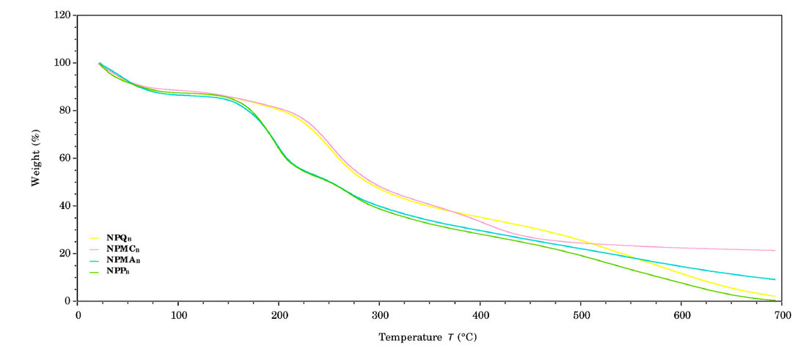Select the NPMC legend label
click(122, 249)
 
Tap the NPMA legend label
click(122, 260)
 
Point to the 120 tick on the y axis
click(62, 15)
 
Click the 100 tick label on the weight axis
click(62, 63)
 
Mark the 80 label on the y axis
click(65, 111)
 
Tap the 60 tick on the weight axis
click(65, 158)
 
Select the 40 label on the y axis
click(65, 206)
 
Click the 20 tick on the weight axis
click(65, 254)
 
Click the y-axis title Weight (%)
click(35, 158)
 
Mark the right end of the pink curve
click(774, 251)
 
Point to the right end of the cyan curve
click(774, 279)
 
